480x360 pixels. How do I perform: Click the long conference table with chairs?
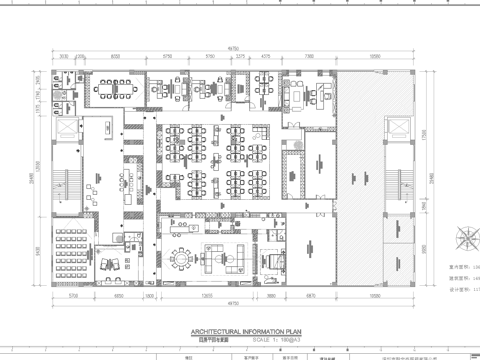pyautogui.click(x=107, y=89)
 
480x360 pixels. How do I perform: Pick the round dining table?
pyautogui.click(x=180, y=258)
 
